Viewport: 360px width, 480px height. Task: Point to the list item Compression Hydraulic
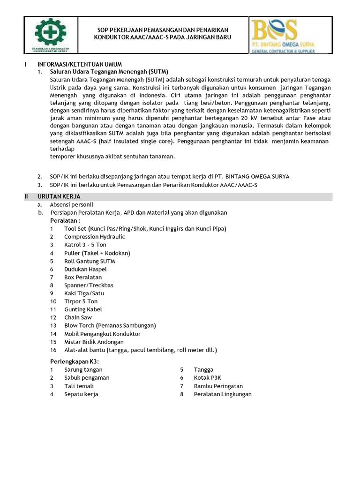click(95, 237)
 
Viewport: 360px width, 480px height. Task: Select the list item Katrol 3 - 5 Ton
click(85, 245)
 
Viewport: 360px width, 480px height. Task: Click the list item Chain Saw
click(79, 317)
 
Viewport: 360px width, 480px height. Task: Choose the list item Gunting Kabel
click(83, 309)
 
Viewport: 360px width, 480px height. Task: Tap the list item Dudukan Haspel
click(85, 269)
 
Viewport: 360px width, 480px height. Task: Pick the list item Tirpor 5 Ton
click(81, 301)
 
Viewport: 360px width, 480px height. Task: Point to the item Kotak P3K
click(208, 378)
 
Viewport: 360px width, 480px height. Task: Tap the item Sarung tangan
click(83, 370)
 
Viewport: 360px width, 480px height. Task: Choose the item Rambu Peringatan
click(218, 386)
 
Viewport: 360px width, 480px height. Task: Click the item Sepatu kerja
click(81, 394)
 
